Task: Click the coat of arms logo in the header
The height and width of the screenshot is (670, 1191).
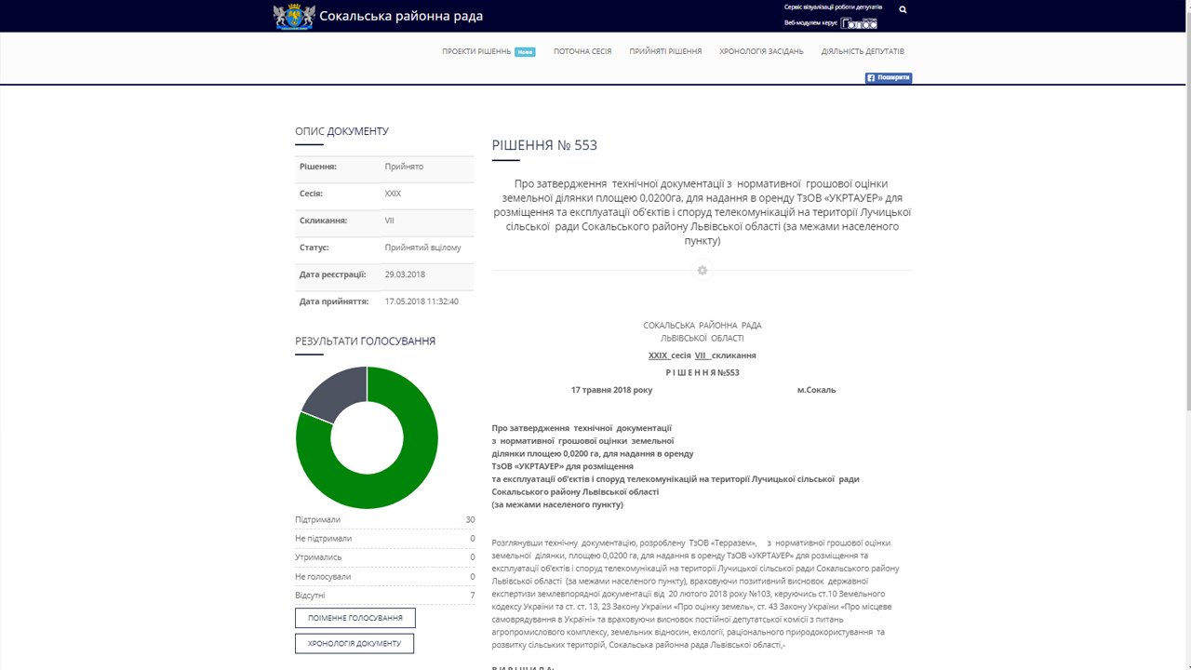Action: pyautogui.click(x=293, y=17)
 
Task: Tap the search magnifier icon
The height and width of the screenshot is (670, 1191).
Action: pyautogui.click(x=903, y=9)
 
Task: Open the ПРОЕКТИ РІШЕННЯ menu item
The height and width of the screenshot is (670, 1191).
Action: pyautogui.click(x=477, y=52)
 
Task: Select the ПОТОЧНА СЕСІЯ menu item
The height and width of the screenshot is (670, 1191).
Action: pyautogui.click(x=582, y=52)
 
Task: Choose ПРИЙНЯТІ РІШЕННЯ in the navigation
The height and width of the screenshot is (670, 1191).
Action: pyautogui.click(x=665, y=52)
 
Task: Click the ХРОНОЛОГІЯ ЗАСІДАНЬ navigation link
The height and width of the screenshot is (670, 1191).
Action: pyautogui.click(x=761, y=52)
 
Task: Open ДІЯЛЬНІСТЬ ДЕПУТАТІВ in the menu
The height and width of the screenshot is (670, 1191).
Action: pyautogui.click(x=863, y=52)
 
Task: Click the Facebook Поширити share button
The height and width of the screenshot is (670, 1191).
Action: pyautogui.click(x=889, y=78)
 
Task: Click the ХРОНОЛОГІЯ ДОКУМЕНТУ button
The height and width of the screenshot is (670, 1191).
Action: pyautogui.click(x=355, y=644)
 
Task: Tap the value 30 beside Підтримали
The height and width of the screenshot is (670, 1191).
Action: pyautogui.click(x=470, y=520)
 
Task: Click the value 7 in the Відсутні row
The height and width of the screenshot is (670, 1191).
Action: pyautogui.click(x=472, y=596)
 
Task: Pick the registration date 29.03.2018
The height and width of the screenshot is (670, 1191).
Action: pyautogui.click(x=405, y=275)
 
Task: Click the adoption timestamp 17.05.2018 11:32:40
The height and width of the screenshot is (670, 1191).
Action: pyautogui.click(x=422, y=301)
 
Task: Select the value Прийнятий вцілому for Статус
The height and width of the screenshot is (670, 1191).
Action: pyautogui.click(x=422, y=248)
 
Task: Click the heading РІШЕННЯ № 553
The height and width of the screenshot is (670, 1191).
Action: pyautogui.click(x=544, y=145)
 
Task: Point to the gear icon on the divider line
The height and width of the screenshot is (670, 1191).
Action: pyautogui.click(x=703, y=271)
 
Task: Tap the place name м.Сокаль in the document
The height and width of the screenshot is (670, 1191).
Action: pyautogui.click(x=816, y=390)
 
